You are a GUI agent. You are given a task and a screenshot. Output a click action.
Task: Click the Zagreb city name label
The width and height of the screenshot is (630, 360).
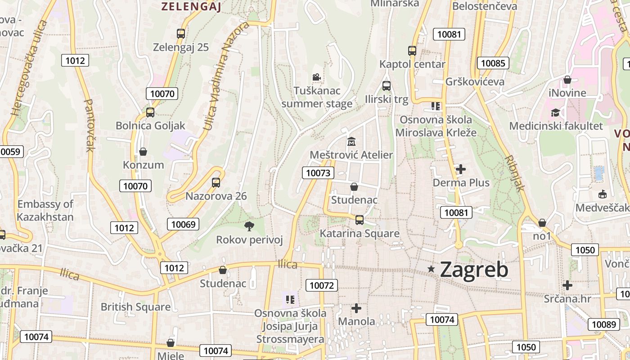pyautogui.click(x=474, y=270)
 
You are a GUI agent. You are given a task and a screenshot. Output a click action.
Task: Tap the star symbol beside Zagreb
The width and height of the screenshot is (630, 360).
pyautogui.click(x=431, y=269)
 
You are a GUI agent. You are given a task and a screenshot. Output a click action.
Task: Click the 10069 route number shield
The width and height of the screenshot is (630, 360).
pyautogui.click(x=184, y=224)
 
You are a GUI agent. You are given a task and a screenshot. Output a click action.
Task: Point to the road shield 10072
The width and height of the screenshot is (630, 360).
pyautogui.click(x=322, y=285)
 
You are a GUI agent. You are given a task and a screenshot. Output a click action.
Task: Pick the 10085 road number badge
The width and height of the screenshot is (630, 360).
pyautogui.click(x=493, y=63)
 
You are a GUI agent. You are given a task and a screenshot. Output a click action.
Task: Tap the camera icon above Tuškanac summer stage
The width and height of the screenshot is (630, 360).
pyautogui.click(x=316, y=77)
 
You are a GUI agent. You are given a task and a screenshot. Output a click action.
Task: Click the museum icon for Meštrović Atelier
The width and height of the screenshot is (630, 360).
pyautogui.click(x=351, y=141)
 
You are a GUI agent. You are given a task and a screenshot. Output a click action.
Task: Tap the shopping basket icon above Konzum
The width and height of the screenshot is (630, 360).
pyautogui.click(x=143, y=151)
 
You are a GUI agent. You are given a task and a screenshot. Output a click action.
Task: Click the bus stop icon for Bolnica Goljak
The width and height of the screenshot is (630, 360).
pyautogui.click(x=150, y=112)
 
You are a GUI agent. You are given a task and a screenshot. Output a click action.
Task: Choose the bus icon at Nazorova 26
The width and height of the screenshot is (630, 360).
pyautogui.click(x=216, y=183)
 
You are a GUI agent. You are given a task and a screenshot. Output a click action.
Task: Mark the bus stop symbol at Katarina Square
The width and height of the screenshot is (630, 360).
pyautogui.click(x=359, y=220)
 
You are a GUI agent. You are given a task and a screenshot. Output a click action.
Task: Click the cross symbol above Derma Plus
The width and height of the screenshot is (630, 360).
pyautogui.click(x=461, y=169)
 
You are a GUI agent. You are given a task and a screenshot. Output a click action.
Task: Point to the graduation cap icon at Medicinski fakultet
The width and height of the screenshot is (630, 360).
pyautogui.click(x=556, y=112)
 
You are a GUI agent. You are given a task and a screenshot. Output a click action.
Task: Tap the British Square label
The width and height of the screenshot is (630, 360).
pyautogui.click(x=135, y=307)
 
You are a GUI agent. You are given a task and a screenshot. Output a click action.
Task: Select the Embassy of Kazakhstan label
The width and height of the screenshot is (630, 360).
pyautogui.click(x=45, y=211)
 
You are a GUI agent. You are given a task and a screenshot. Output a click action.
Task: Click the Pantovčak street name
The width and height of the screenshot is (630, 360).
pyautogui.click(x=89, y=126)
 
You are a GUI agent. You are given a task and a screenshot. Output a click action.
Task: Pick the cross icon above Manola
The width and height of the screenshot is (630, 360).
pyautogui.click(x=356, y=308)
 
